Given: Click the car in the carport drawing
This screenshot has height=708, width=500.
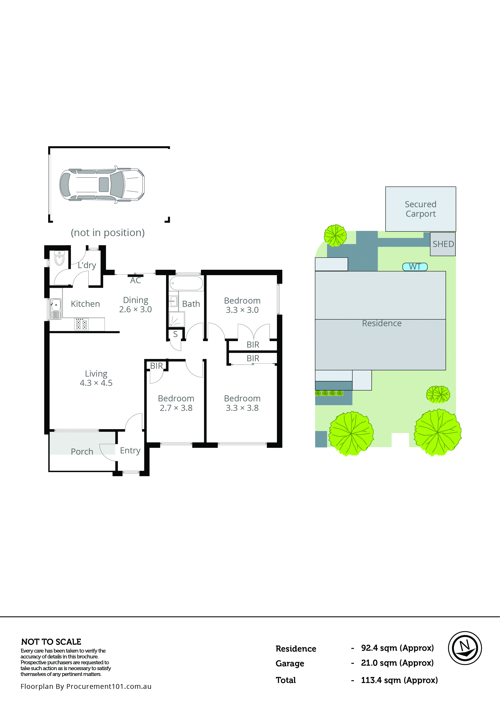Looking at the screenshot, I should point(102,184).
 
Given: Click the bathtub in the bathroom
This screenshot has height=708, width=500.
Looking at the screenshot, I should point(186,283).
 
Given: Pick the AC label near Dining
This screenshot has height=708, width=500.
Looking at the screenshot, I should point(135,280).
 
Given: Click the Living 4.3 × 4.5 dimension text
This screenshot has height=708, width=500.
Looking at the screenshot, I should point(96,383).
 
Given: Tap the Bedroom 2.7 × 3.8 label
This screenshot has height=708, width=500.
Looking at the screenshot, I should point(176,403).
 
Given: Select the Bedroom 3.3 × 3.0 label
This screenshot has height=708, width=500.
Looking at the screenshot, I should point(242,305).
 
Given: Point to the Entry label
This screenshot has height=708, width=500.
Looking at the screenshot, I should point(130,451).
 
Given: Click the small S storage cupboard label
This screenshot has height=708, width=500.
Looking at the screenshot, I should point(175,334).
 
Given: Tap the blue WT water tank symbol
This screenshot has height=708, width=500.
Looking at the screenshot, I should point(415,267).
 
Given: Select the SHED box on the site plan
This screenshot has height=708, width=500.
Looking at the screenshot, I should point(443,244).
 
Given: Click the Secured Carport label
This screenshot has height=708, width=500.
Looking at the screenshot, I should point(420,209).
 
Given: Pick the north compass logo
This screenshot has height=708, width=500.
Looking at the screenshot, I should point(465,648).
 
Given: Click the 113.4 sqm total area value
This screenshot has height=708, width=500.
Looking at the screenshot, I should point(399,680).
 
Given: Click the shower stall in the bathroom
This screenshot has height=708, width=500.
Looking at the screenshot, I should point(177,319).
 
